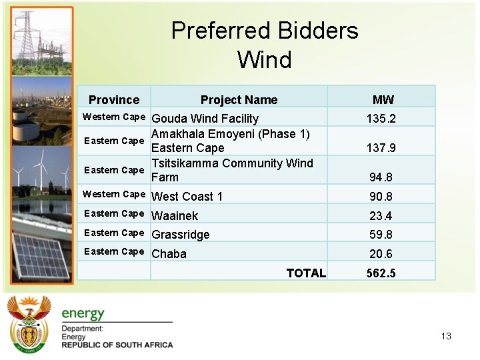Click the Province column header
pos(114,100)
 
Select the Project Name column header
pos(239,100)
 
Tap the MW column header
pos(383,100)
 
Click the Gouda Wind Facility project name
pos(205,119)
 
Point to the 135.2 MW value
pos(381,119)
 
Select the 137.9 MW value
pos(381,148)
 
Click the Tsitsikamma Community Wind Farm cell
pos(232,170)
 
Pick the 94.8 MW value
pos(381,177)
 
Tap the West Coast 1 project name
pos(187,197)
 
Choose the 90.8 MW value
pos(381,197)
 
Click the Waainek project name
pos(175,216)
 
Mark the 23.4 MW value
pos(381,216)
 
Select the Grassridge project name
pos(181,235)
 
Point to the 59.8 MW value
pos(381,235)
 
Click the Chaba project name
pos(169,254)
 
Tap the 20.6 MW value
pos(381,254)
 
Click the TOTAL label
pos(306,273)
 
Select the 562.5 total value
pos(381,273)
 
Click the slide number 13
pos(446,336)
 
